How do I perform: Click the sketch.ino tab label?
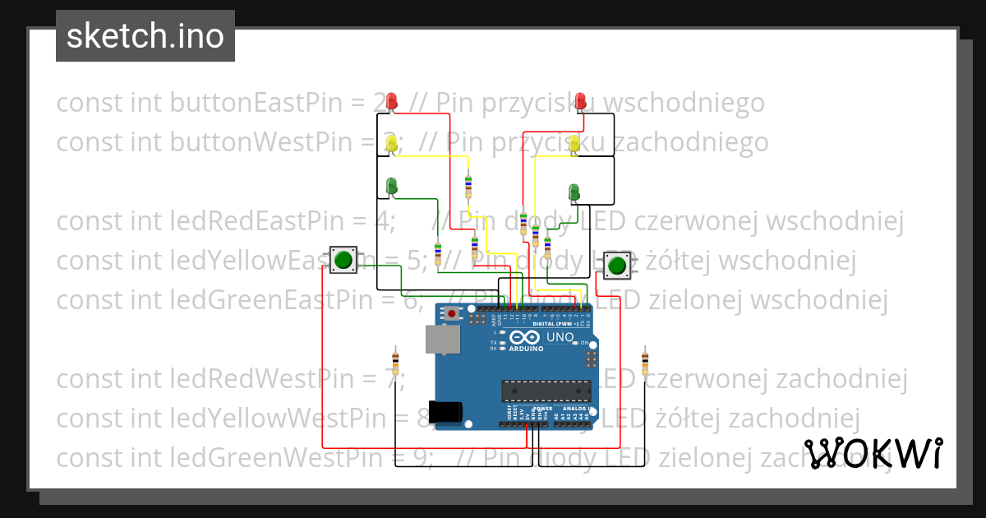[x=145, y=36]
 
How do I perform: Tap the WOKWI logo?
[x=873, y=454]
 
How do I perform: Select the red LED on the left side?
[x=393, y=102]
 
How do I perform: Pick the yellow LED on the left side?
[x=392, y=143]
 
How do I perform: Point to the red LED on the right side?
[x=582, y=101]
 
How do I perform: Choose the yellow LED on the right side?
[x=575, y=144]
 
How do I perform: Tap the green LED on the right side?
[x=575, y=192]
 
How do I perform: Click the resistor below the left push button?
[x=396, y=361]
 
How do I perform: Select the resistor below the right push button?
[x=644, y=361]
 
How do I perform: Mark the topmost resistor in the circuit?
[x=468, y=187]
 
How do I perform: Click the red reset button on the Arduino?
[x=453, y=313]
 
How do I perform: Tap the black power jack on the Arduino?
[x=448, y=411]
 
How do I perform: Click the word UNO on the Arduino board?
[x=560, y=337]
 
